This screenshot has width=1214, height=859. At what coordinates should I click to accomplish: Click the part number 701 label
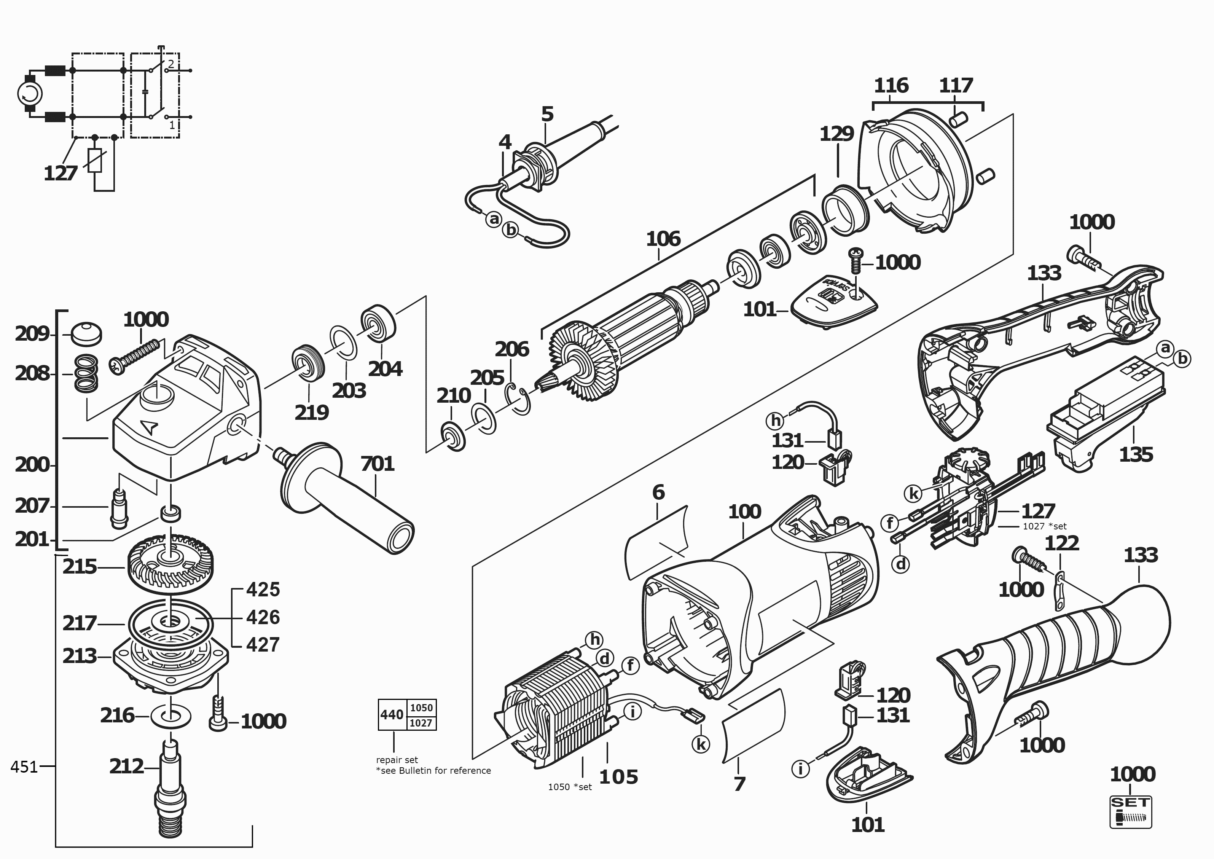[x=378, y=464]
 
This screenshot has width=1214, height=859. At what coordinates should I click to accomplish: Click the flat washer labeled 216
[x=171, y=717]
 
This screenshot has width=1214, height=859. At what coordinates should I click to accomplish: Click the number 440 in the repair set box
[x=392, y=715]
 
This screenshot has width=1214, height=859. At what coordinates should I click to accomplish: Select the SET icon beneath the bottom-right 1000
[x=1130, y=812]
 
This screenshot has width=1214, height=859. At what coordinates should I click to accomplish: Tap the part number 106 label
[x=663, y=239]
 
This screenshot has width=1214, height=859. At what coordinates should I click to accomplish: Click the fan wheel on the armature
[x=579, y=365]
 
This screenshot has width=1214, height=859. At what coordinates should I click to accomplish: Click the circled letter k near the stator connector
[x=701, y=744]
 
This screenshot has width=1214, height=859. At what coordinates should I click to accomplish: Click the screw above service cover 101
[x=855, y=262]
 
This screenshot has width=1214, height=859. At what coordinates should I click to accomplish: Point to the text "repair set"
[x=397, y=760]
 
